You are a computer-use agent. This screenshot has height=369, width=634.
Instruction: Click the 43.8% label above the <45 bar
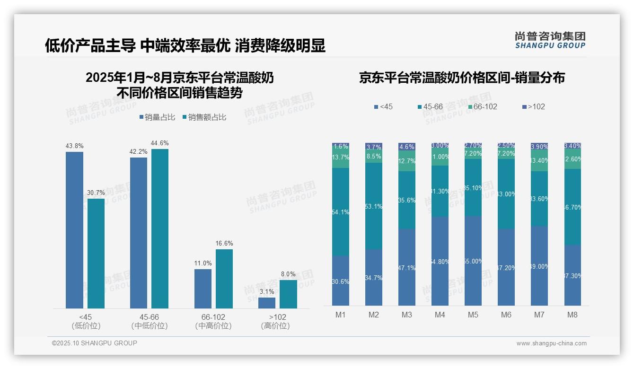pos(74,146)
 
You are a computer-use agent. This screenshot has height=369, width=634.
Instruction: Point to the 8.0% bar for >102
pos(288,294)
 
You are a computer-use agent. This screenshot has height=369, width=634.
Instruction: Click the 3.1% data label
pos(267,291)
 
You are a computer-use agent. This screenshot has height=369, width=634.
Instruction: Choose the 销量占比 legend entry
pos(159,117)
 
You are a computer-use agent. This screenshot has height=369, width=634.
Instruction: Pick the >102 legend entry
pos(533,107)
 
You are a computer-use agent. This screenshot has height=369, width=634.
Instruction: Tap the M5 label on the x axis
pos(473,315)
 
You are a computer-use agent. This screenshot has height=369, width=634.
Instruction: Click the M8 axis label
pos(572,315)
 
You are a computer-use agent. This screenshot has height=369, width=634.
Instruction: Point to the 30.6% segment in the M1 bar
pos(341,281)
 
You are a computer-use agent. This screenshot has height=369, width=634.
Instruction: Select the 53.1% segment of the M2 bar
pos(374,206)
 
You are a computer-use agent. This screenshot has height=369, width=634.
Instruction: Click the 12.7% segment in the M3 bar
pos(407,161)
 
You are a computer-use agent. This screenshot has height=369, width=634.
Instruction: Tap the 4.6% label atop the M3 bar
pos(407,147)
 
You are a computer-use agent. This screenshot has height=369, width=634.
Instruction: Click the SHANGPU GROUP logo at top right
pos(550,40)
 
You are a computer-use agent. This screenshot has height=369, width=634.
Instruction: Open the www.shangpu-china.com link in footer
pos(551,343)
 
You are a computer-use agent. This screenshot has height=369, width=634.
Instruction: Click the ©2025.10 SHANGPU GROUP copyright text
pos(95,343)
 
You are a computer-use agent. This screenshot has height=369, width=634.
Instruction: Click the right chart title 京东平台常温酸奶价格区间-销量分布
pos(462,78)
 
